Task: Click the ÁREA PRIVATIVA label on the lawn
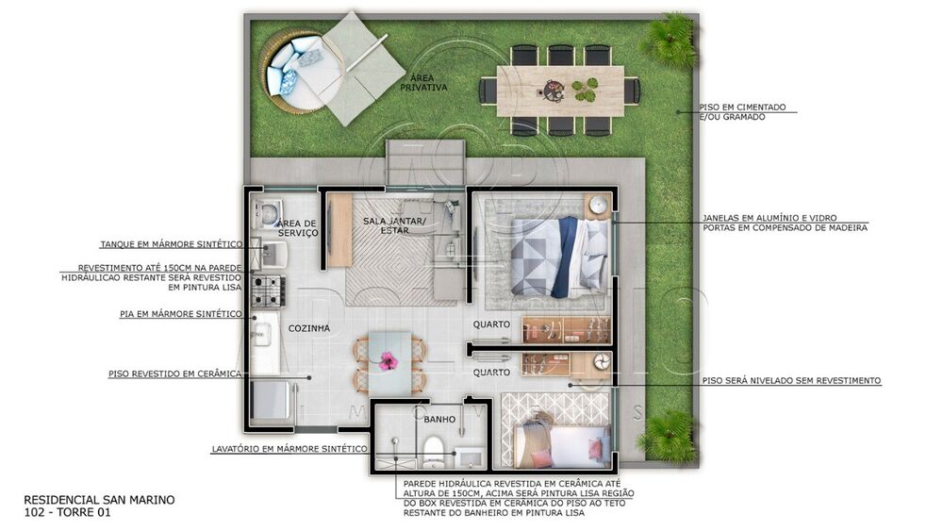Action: click(423, 82)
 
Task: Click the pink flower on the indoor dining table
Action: click(388, 359)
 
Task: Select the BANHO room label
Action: click(439, 419)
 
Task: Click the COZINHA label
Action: click(309, 328)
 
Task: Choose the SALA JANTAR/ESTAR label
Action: click(395, 225)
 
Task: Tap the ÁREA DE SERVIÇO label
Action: click(297, 229)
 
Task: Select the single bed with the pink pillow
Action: click(556, 442)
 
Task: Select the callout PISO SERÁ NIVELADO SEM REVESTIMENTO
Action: click(791, 380)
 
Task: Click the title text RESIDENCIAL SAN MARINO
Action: click(99, 500)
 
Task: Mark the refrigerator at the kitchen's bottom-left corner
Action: click(267, 399)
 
